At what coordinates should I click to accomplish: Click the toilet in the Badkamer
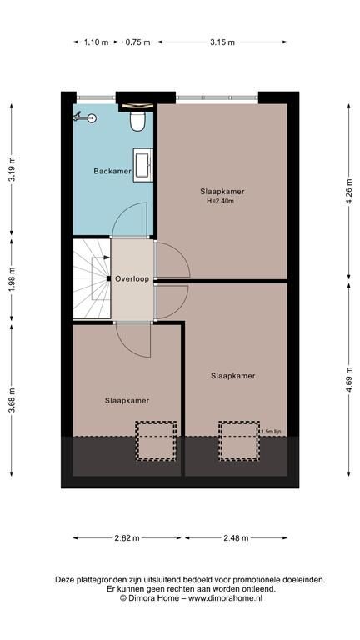coord(137,121)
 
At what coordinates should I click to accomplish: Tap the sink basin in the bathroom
coord(142,165)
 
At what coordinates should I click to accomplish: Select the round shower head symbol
coord(92,118)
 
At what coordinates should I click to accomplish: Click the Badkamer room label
coord(112,171)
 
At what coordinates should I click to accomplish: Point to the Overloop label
coord(132,279)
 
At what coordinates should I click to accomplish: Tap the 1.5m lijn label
coord(268,432)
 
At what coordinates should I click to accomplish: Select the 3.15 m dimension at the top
coord(222,42)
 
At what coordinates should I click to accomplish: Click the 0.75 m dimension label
coord(138,42)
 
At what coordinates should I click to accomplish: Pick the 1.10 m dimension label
coord(97,42)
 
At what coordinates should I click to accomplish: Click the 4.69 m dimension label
coord(349,380)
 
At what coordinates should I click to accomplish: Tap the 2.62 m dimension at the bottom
coord(127,538)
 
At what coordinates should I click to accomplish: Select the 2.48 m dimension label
coord(236,538)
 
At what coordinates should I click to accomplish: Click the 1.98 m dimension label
coord(12,279)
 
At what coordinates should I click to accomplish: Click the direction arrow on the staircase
coord(101,257)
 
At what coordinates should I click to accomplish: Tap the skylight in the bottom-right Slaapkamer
coord(239,441)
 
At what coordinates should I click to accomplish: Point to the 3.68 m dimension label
coord(12,400)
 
